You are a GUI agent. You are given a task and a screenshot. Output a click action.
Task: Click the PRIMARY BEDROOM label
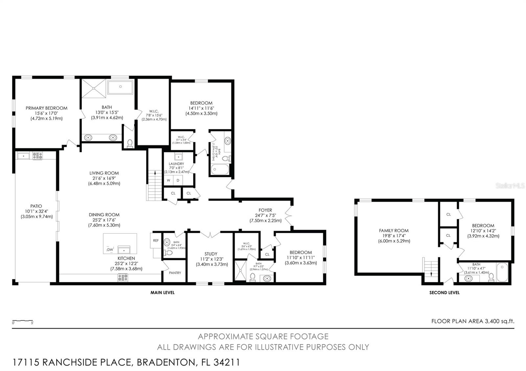[46, 108]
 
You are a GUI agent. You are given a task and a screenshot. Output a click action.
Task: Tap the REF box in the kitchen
[156, 241]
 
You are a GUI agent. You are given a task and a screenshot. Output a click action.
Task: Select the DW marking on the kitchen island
[110, 250]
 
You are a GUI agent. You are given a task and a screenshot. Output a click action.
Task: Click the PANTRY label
[175, 273]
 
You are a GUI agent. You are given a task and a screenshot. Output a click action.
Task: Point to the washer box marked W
[168, 180]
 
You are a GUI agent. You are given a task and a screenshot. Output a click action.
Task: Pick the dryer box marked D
[178, 180]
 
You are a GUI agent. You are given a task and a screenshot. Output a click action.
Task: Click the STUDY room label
[211, 254]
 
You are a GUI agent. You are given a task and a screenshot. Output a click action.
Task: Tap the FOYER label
[265, 210]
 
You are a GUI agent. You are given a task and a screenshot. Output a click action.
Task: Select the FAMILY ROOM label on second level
[394, 230]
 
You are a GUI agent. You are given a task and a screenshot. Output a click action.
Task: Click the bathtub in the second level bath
[502, 272]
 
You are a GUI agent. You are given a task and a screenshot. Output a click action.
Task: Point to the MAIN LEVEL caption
[162, 293]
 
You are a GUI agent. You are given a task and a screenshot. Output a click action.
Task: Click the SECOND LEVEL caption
[444, 293]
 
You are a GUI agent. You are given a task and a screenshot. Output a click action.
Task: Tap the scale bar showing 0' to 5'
[23, 321]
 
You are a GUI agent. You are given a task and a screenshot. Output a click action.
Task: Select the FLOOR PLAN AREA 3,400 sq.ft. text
[472, 321]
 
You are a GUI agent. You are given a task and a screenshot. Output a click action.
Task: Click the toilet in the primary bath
[130, 143]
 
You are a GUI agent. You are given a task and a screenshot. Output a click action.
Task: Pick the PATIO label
[36, 206]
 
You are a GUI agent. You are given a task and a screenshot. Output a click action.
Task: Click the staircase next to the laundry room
[154, 185]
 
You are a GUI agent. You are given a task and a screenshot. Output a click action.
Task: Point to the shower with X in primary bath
[94, 88]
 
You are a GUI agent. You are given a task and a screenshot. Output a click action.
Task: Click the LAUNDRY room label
[176, 164]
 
